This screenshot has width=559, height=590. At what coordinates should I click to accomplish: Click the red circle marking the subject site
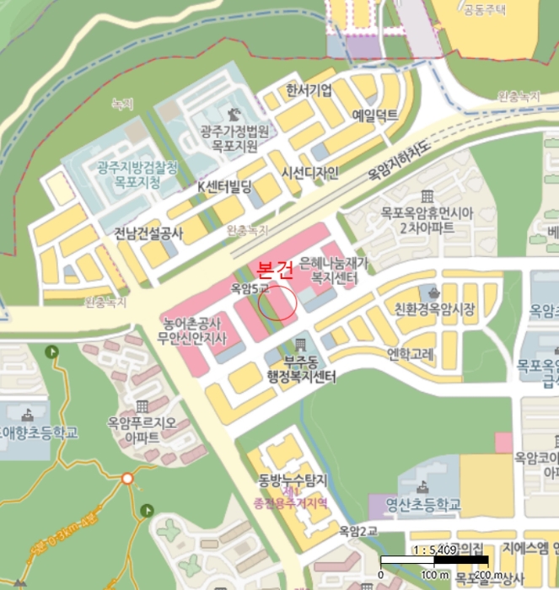277,303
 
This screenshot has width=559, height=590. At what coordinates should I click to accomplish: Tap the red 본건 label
275,271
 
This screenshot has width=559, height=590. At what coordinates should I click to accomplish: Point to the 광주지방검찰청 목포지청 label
137,174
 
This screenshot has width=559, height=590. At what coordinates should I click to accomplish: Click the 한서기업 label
309,90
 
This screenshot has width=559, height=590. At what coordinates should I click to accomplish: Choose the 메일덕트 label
374,115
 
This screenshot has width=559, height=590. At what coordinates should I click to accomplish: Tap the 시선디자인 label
309,174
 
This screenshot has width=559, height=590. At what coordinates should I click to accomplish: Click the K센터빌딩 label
224,186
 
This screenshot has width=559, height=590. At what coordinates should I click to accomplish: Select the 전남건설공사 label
148,233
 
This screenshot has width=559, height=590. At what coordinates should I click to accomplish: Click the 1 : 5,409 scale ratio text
435,550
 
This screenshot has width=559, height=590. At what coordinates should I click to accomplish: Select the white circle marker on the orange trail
127,479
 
